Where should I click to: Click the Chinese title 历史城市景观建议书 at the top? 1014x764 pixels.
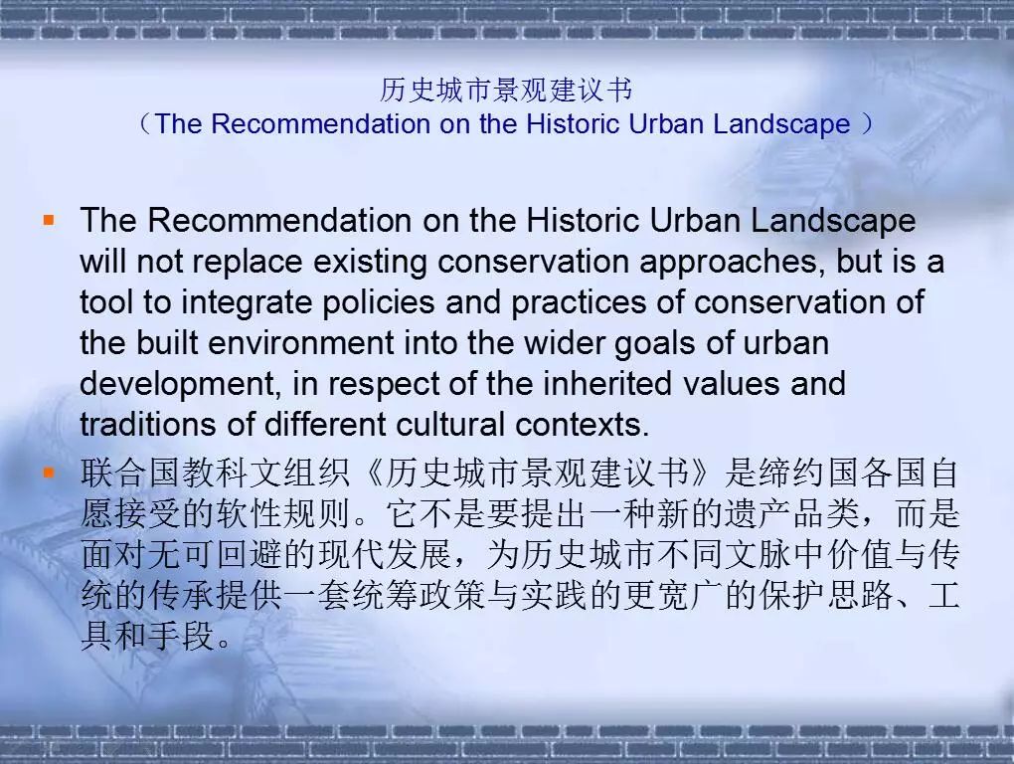506,90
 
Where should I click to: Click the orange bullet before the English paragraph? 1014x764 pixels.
49,221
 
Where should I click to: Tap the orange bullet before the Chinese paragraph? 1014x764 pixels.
49,473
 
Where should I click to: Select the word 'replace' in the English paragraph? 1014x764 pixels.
248,263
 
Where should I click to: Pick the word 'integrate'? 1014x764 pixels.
247,303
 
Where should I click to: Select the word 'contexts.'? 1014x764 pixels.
582,425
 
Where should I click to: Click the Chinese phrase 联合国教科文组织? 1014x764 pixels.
216,473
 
